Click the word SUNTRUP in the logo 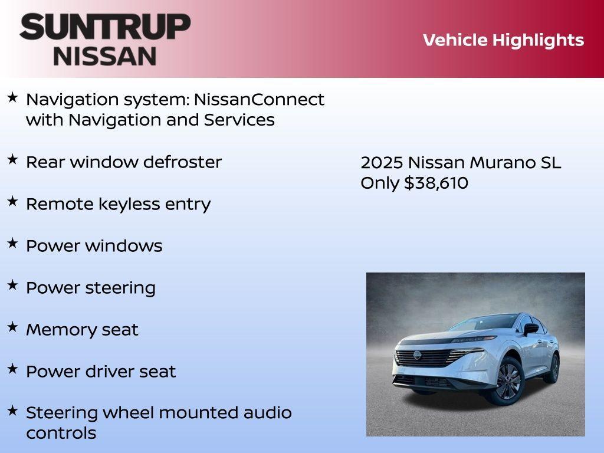point(105,27)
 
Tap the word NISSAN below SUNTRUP point(105,55)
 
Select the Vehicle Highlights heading point(503,40)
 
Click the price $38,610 point(436,183)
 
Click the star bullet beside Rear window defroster point(12,159)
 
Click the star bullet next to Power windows point(12,243)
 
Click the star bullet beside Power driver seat point(12,369)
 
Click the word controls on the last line point(61,433)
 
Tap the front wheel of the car point(508,380)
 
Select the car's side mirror point(531,327)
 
